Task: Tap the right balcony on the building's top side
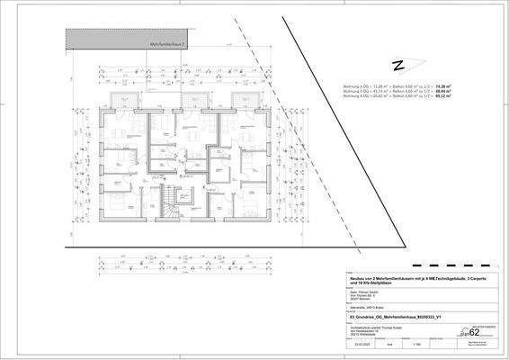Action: pos(242,99)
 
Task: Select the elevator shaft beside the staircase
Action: pos(191,196)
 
